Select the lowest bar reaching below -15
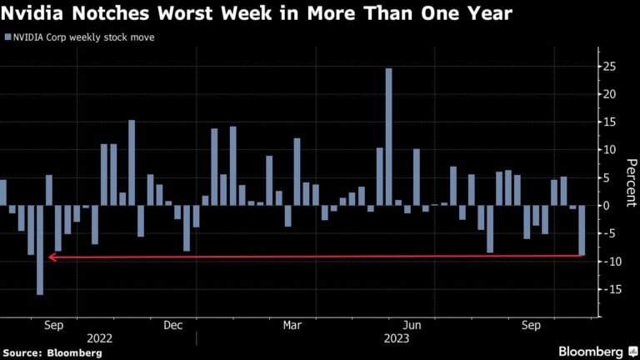(40, 249)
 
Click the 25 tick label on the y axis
(611, 66)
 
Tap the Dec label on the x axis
(174, 325)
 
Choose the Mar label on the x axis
(292, 325)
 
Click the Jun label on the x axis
(411, 325)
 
